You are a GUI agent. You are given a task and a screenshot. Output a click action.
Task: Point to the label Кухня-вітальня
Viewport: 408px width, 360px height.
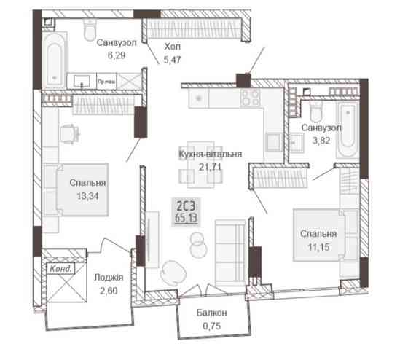(211, 154)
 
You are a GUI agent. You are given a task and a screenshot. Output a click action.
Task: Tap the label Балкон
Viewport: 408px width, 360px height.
(212, 313)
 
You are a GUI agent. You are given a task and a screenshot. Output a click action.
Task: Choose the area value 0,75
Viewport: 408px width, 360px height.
(212, 325)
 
